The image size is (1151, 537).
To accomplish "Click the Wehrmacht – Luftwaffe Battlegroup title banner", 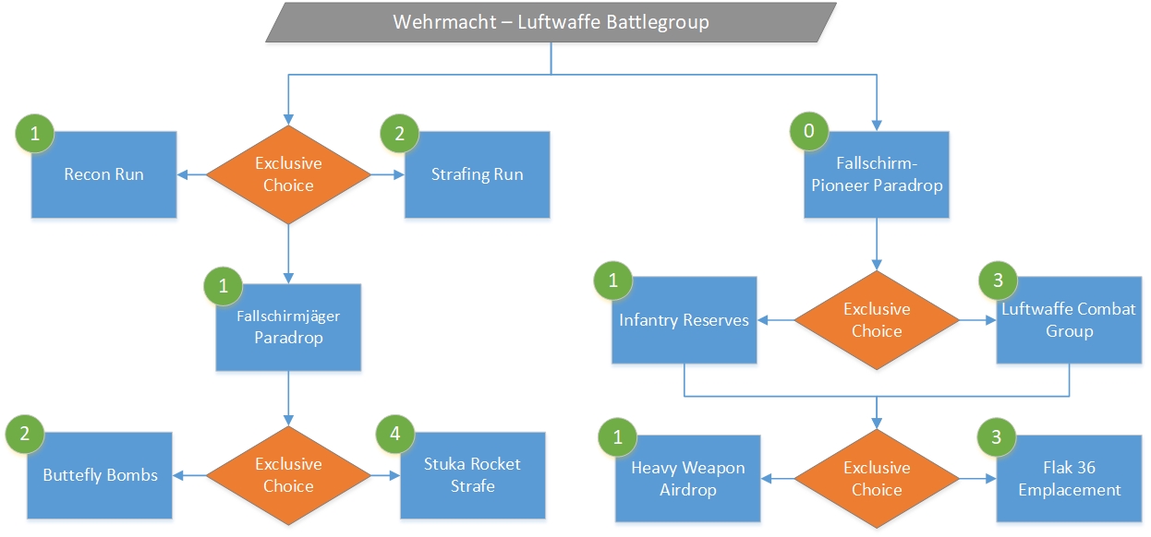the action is click(x=551, y=22).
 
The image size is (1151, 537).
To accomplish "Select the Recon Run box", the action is click(x=103, y=174).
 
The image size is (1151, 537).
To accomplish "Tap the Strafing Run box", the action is click(x=477, y=174).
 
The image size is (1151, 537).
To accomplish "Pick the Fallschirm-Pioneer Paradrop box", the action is click(x=877, y=174).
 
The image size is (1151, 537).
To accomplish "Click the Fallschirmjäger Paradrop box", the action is click(x=288, y=327).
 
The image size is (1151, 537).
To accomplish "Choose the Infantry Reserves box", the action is click(x=684, y=320).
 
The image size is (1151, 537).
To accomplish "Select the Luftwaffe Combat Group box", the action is click(x=1070, y=320).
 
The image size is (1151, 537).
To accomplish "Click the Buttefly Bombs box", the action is click(x=100, y=475).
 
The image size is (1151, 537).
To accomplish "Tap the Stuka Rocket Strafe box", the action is click(x=473, y=475).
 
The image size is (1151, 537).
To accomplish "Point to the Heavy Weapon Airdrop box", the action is click(x=688, y=479).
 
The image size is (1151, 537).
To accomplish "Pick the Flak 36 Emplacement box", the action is click(x=1070, y=479).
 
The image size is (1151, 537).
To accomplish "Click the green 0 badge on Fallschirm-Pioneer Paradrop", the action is click(x=809, y=131).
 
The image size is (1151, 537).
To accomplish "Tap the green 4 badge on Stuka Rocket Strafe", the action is click(x=395, y=434).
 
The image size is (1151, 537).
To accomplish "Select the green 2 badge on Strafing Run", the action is click(x=400, y=134).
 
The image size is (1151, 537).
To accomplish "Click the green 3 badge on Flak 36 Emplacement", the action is click(x=997, y=437).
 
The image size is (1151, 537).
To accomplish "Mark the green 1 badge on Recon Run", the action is click(x=35, y=134).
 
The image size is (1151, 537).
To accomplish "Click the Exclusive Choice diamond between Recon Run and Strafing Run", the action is click(x=288, y=174).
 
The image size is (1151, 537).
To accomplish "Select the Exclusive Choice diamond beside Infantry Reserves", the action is click(x=877, y=320).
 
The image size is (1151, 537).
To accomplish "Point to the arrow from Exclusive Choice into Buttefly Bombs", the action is click(x=189, y=475).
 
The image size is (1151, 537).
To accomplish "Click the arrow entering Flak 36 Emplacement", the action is click(x=978, y=479).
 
